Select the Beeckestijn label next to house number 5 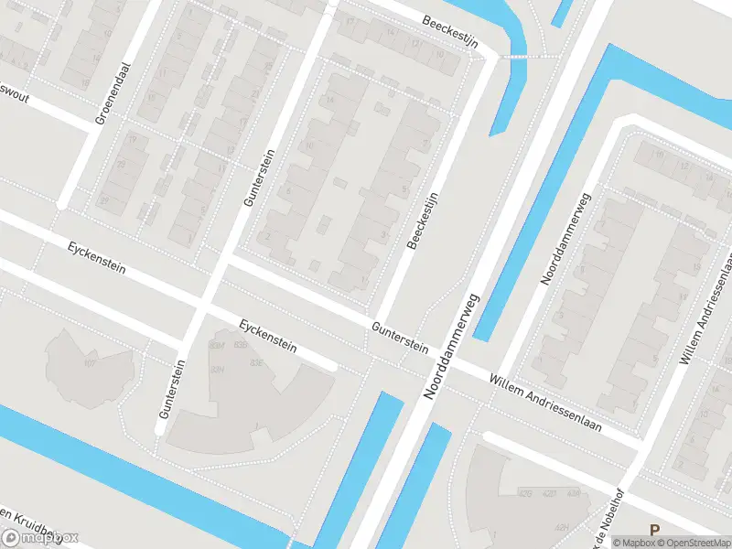coord(424,220)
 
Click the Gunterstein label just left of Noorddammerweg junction coord(400,336)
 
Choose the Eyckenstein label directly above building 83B coord(268,337)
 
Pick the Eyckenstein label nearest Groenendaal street coord(96,260)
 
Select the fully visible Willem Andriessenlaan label coord(545,404)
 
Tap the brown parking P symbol coord(653,529)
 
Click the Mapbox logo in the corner coord(41,538)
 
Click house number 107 coord(90,364)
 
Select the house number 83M coord(218,346)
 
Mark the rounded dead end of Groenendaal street coord(62,203)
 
